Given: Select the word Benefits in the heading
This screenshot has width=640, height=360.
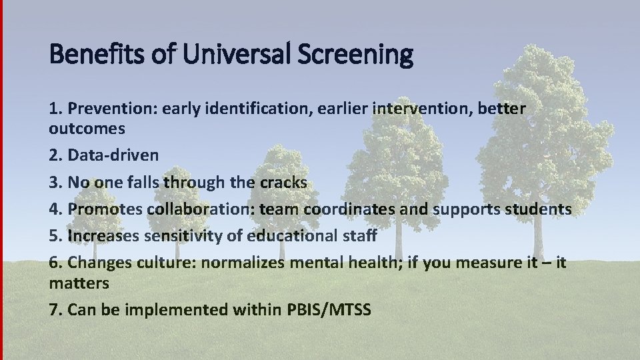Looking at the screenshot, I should (x=96, y=55).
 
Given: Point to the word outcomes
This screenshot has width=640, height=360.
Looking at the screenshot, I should (x=87, y=127).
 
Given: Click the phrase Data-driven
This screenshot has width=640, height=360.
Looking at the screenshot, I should (x=113, y=155).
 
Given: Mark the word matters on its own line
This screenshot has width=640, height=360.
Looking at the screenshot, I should (x=79, y=283).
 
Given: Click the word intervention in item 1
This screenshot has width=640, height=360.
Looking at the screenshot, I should (x=414, y=108).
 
